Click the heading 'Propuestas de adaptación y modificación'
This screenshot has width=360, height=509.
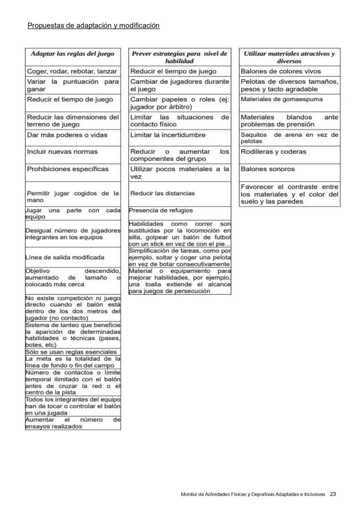pos(94,25)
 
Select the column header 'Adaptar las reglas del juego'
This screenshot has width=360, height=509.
pos(73,54)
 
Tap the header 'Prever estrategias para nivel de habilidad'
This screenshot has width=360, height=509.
pos(180,57)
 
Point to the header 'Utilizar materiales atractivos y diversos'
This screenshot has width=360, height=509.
pos(289,57)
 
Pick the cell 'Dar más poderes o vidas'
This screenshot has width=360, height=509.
pos(67,135)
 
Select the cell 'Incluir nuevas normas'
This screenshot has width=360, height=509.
pos(62,152)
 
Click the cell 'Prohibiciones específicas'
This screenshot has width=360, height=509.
pos(67,169)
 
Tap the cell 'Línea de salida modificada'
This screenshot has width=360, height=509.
pos(65,258)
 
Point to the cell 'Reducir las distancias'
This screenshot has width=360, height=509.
pos(162,193)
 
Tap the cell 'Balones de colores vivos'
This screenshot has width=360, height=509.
pos(281,71)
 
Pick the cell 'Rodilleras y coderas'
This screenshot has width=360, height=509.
pos(273,152)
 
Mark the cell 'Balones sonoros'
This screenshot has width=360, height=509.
pos(268,169)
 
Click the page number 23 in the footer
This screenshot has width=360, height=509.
pos(333,494)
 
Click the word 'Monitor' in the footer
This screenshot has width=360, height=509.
pos(190,494)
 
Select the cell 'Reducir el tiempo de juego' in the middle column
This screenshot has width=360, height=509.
pos(173,71)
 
